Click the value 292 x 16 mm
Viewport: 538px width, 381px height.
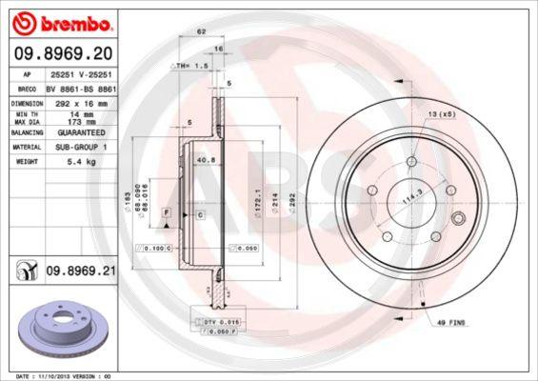coord(83,101)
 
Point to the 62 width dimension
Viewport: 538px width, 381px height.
coord(201,32)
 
